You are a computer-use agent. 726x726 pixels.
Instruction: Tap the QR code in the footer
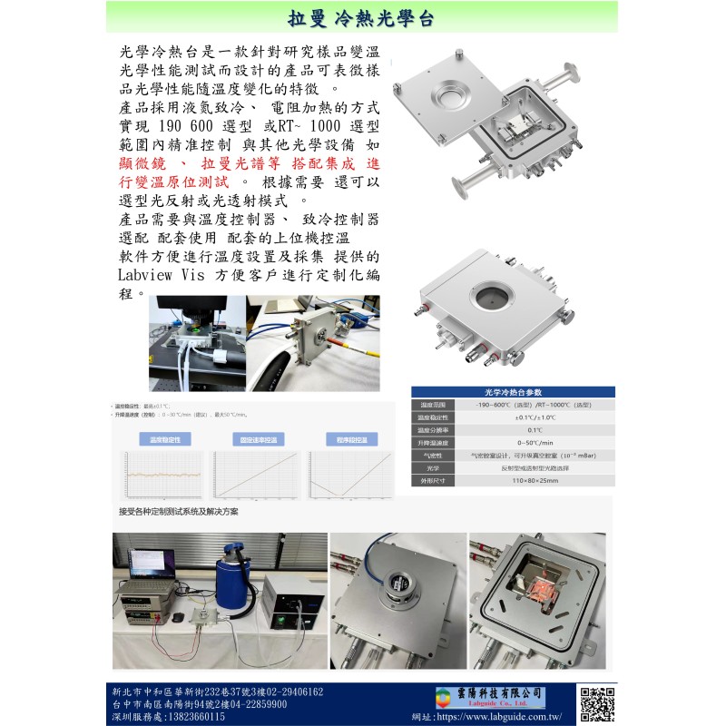597,704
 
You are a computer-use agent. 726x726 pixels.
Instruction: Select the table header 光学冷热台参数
512,392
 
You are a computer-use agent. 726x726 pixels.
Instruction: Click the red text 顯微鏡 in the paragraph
145,163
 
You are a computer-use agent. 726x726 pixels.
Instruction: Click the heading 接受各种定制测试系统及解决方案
179,512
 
